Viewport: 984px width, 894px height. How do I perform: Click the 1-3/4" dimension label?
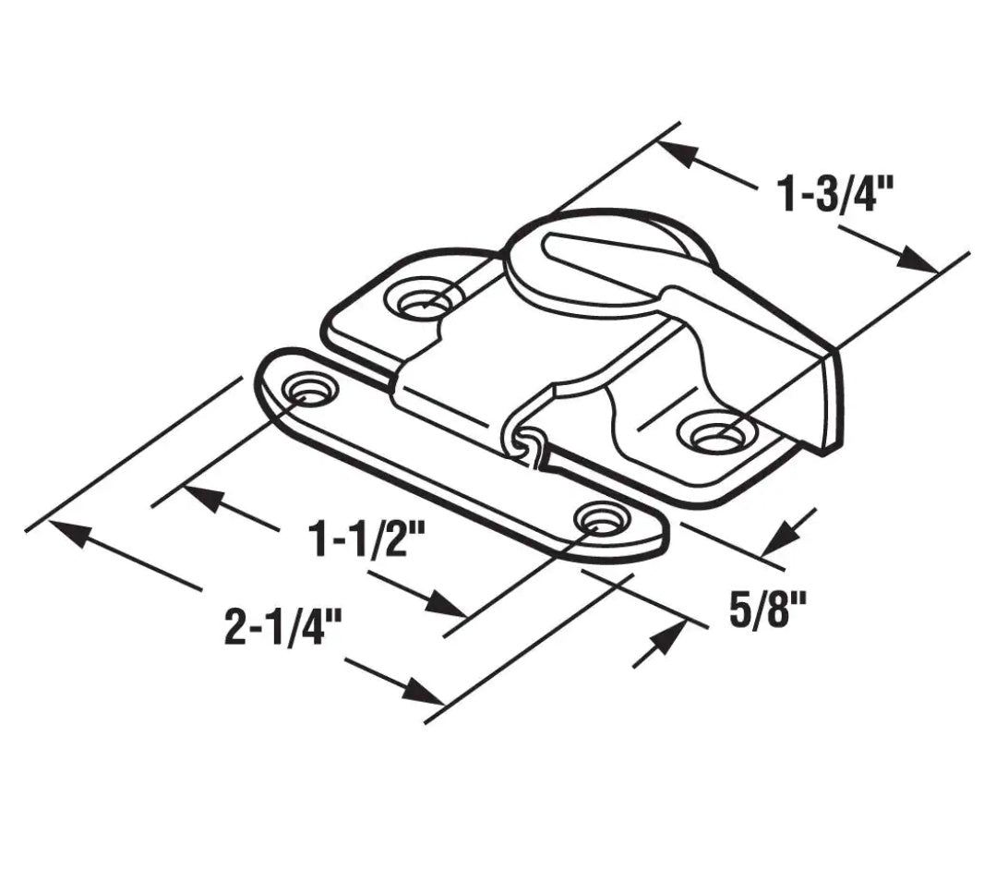coord(836,197)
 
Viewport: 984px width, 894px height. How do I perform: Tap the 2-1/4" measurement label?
coord(283,629)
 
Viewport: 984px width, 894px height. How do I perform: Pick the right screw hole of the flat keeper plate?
coord(599,520)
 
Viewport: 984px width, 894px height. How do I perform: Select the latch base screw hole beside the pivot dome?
coord(423,300)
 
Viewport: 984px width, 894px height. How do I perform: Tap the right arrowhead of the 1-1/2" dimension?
coord(447,605)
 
